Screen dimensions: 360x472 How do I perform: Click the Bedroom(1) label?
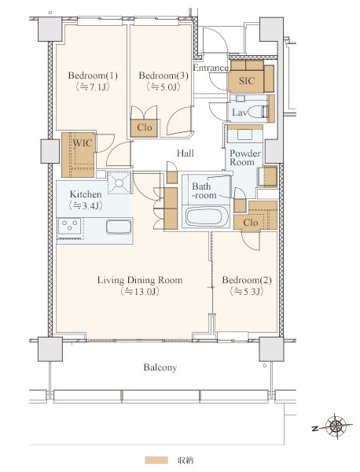click(93, 76)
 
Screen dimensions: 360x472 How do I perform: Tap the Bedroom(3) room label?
click(163, 76)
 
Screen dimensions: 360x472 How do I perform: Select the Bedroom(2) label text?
click(247, 280)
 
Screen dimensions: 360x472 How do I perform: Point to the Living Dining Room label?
click(140, 280)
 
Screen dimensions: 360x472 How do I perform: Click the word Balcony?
click(160, 367)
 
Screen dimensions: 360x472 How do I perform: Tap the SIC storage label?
click(247, 81)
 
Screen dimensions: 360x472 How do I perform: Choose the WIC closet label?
click(83, 143)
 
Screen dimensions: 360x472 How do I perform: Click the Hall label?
click(186, 153)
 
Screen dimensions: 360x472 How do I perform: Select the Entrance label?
click(211, 68)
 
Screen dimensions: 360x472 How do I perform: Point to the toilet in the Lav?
click(258, 112)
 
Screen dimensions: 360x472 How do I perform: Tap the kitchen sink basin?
click(119, 227)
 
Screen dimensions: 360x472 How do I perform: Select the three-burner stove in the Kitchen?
click(70, 226)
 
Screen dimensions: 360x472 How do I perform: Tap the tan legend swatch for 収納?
click(156, 460)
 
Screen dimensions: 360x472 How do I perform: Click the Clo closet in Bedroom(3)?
click(144, 128)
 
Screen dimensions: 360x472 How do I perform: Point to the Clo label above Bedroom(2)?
click(251, 223)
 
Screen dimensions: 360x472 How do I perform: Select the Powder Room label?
click(244, 158)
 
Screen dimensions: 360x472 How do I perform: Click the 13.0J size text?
click(140, 291)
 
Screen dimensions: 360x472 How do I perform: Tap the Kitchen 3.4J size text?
click(86, 205)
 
